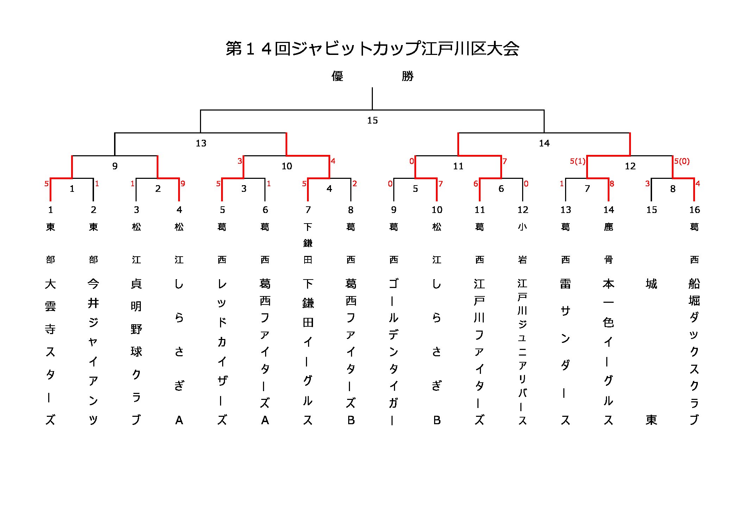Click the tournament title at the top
point(372,49)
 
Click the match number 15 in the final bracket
point(372,120)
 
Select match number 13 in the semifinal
point(201,143)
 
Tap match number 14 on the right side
point(544,143)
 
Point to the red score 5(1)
point(577,161)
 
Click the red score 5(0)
point(682,161)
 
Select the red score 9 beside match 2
point(183,183)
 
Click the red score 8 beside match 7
point(612,183)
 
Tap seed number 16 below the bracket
point(694,210)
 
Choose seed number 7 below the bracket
point(308,210)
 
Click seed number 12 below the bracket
point(522,210)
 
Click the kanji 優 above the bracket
point(337,76)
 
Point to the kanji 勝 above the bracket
point(407,76)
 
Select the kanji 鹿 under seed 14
point(608,227)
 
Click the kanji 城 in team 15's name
point(651,284)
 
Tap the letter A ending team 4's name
point(179,420)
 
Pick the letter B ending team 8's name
point(351,420)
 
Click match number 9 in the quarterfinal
point(115,166)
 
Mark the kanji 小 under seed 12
point(522,227)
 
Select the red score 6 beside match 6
point(476,183)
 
